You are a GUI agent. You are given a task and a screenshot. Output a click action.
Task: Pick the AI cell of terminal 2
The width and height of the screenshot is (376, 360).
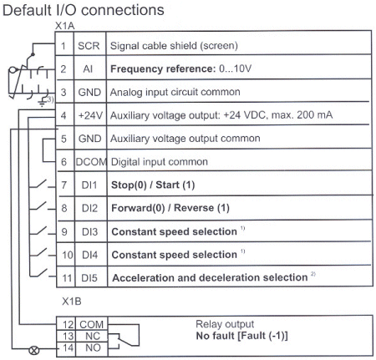tap(88, 70)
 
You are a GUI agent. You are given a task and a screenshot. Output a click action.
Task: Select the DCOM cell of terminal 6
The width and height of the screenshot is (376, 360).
tap(88, 160)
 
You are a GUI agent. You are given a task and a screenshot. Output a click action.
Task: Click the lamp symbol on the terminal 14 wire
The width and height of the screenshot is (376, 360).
tap(34, 342)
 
